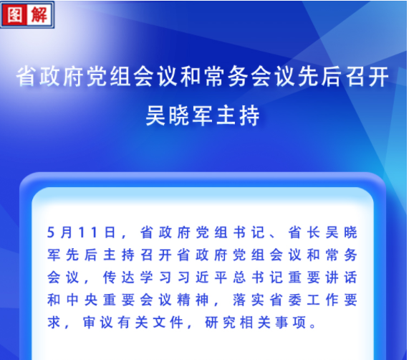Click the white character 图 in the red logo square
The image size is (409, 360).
14,14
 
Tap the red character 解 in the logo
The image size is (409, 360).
39,14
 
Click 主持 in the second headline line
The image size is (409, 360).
238,115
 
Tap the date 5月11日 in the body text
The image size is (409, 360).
81,232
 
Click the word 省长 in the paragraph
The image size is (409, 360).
304,232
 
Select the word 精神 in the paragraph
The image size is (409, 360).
193,300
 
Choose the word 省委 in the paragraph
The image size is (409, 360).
286,300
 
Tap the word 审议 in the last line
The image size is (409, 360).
97,323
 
